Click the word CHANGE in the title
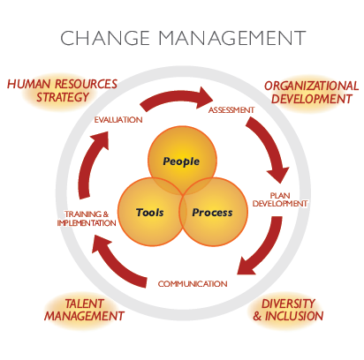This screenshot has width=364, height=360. click(x=105, y=38)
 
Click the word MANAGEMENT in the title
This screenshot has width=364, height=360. click(x=232, y=38)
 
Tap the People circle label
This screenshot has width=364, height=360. click(x=181, y=161)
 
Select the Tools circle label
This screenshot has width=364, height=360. click(x=150, y=212)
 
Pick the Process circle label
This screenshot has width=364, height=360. click(x=212, y=213)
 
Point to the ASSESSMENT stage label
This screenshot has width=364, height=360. click(x=231, y=110)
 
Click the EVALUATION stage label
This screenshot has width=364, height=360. click(x=118, y=120)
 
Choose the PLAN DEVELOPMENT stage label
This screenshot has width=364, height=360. click(x=280, y=199)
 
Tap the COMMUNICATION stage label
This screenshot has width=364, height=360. click(x=193, y=284)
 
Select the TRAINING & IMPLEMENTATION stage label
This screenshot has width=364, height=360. click(x=87, y=219)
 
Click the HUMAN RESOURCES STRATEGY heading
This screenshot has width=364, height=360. click(x=62, y=91)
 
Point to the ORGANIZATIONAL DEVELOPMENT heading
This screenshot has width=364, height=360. click(x=312, y=93)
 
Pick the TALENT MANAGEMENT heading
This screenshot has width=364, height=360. click(x=84, y=310)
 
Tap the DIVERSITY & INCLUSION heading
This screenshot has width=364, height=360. click(x=288, y=310)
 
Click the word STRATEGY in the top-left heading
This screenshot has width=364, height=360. click(x=63, y=97)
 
